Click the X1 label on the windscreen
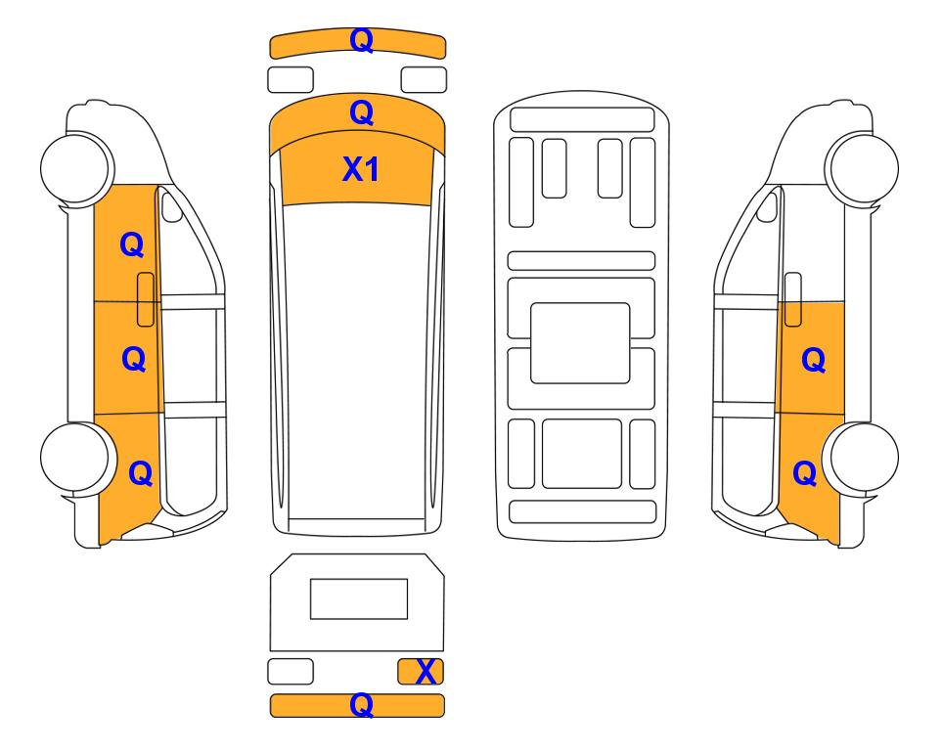pos(360,169)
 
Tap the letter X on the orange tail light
pos(426,672)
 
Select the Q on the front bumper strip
pos(362,40)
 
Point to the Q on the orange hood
pos(362,112)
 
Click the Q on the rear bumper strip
pos(362,704)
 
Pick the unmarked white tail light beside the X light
pos(291,671)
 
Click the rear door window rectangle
pos(359,599)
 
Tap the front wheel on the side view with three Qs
pos(76,167)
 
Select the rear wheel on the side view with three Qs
pos(76,458)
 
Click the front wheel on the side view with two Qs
pos(862,167)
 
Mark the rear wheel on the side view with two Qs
pos(862,458)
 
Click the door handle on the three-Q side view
pos(146,299)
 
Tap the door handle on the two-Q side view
pos(793,299)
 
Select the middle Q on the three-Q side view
pos(134,359)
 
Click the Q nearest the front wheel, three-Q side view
pos(132,244)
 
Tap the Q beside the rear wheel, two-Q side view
pos(805,473)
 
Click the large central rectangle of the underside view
pos(580,343)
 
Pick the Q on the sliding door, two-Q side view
pos(814,360)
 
